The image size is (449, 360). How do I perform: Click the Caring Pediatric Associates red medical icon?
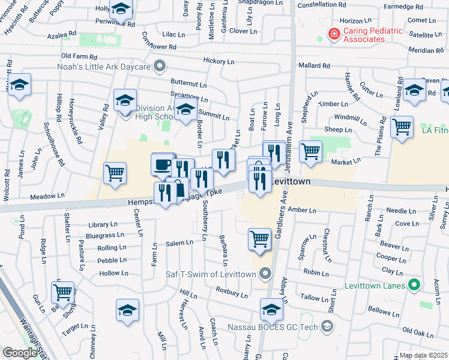coord(333,34)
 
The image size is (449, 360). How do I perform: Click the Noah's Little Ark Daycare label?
coord(103,66)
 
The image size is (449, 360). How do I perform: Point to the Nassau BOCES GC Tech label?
coord(274,327)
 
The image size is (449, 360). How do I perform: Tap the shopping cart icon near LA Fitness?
coord(402,127)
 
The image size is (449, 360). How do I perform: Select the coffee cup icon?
coord(163,163)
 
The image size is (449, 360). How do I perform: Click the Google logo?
coord(19,353)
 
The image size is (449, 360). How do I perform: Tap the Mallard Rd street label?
coord(318,65)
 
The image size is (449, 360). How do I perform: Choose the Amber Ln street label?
coord(301,210)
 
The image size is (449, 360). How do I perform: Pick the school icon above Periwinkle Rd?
coord(122,8)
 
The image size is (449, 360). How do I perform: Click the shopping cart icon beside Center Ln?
coord(115,173)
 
